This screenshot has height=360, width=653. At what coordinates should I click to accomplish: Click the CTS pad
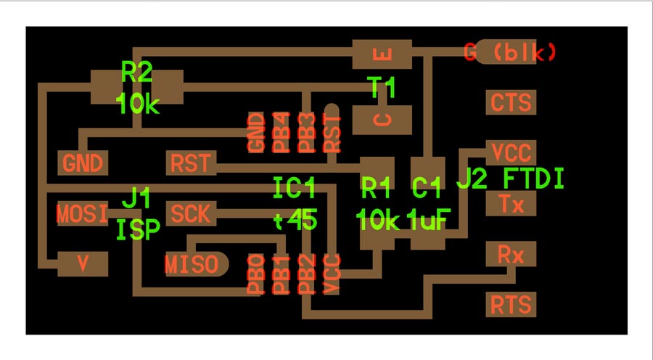(x=511, y=102)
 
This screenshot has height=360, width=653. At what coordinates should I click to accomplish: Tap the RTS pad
(x=511, y=304)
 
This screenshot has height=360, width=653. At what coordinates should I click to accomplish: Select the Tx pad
(x=511, y=203)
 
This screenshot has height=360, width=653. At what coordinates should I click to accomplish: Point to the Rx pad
(x=511, y=254)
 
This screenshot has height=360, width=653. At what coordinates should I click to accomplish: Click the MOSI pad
(x=83, y=213)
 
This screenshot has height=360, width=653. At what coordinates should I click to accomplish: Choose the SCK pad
(x=191, y=213)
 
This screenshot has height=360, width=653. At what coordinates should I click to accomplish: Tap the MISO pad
(x=197, y=264)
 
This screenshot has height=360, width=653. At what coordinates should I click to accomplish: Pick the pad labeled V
(x=83, y=264)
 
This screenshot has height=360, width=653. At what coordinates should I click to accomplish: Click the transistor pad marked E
(x=382, y=54)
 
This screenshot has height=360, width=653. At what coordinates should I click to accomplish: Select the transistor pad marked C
(x=382, y=120)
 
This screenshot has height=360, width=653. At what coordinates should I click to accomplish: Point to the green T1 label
(x=381, y=88)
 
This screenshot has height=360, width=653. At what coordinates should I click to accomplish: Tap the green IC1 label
(x=294, y=187)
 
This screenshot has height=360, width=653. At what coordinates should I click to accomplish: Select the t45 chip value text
(x=296, y=220)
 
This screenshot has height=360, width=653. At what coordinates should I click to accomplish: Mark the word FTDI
(x=534, y=179)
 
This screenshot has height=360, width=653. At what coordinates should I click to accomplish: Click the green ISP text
(x=138, y=230)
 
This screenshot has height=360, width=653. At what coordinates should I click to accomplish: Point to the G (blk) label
(x=510, y=52)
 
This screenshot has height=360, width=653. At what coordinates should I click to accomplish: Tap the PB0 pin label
(x=256, y=274)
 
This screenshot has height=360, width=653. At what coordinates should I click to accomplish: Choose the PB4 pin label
(x=282, y=133)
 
